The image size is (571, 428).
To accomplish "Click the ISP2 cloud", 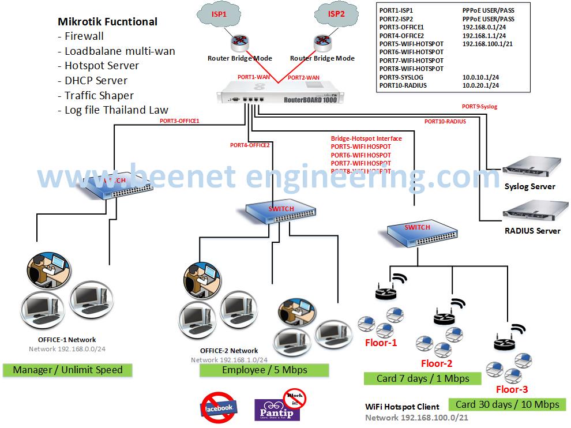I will pos(336,14).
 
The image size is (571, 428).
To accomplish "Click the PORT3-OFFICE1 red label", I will pos(179,121).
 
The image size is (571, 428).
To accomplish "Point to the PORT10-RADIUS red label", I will pos(445,122).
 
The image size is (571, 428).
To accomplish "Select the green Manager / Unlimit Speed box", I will pos(67,370).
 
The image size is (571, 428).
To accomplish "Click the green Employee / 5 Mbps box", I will pos(264,370).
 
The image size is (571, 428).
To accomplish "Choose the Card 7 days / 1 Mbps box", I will pos(423,378).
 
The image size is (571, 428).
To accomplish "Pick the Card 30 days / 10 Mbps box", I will pos(508,404).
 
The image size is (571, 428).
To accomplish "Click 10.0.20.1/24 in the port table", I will pos(480,85).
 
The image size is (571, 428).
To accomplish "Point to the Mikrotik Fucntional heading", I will pos(107,22).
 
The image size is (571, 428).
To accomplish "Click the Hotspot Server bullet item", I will pos(99,66).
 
